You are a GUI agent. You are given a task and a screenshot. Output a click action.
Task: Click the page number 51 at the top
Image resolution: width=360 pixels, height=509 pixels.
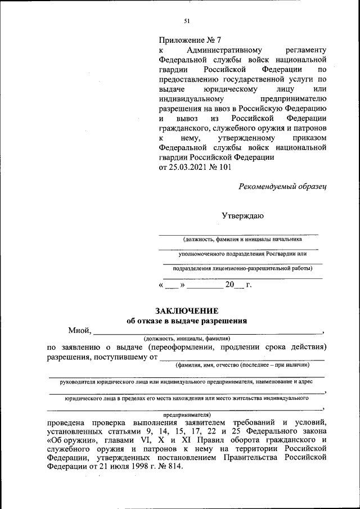tap(187, 21)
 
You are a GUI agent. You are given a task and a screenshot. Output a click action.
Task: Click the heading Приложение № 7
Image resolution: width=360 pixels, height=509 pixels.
tap(190, 40)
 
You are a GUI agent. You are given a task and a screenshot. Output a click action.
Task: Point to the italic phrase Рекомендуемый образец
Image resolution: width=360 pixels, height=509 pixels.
tap(282, 186)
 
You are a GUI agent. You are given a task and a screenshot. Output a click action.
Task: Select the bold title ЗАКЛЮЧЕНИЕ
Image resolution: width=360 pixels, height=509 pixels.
tap(186, 310)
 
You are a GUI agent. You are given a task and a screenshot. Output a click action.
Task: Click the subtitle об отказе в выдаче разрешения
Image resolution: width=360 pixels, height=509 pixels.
tap(187, 321)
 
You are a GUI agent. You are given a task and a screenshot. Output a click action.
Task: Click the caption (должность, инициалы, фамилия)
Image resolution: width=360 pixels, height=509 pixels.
tap(186, 339)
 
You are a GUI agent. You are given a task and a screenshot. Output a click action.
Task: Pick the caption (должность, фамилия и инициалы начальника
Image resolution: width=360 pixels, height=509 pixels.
tap(238, 239)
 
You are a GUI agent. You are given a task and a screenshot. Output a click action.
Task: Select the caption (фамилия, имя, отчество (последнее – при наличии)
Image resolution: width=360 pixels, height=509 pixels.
tap(242, 365)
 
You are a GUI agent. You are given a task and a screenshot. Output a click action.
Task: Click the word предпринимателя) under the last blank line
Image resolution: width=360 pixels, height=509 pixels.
tap(186, 414)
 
